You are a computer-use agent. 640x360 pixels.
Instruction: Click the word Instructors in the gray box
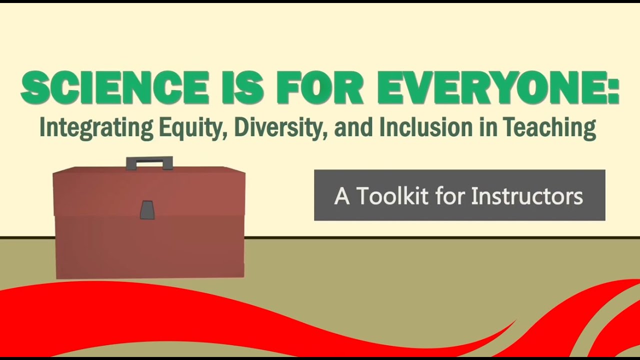527,196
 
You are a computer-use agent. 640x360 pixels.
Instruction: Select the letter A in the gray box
342,196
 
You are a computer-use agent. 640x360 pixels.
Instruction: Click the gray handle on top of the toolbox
149,162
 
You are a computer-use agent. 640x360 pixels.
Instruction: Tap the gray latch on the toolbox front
147,209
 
